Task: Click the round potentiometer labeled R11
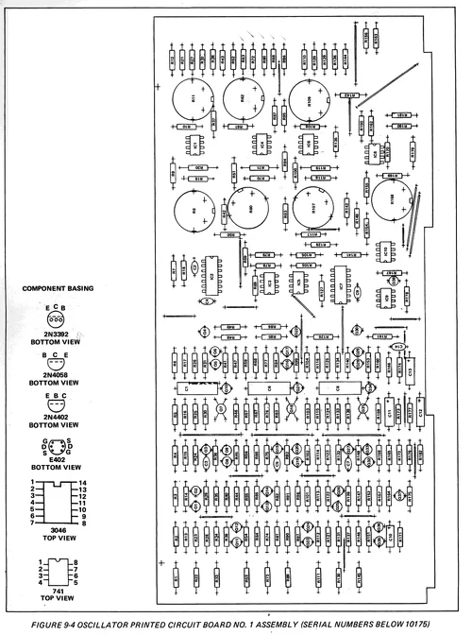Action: pyautogui.click(x=194, y=98)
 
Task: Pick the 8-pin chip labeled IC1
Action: pyautogui.click(x=197, y=146)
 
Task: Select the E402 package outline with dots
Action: pyautogui.click(x=56, y=445)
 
